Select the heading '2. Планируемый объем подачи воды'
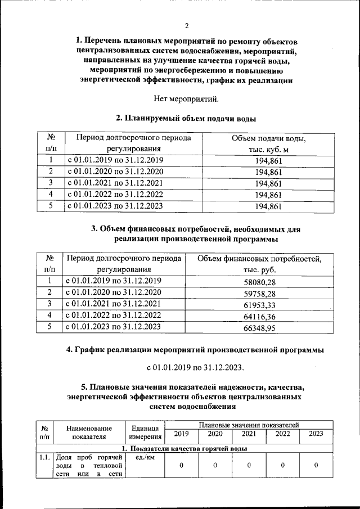(186, 119)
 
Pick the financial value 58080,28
(259, 281)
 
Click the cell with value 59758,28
(259, 292)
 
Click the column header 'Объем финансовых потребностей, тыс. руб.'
(259, 264)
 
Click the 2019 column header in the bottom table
(181, 434)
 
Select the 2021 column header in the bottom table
(249, 434)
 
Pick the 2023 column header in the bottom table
(316, 434)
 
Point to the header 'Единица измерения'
(145, 432)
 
